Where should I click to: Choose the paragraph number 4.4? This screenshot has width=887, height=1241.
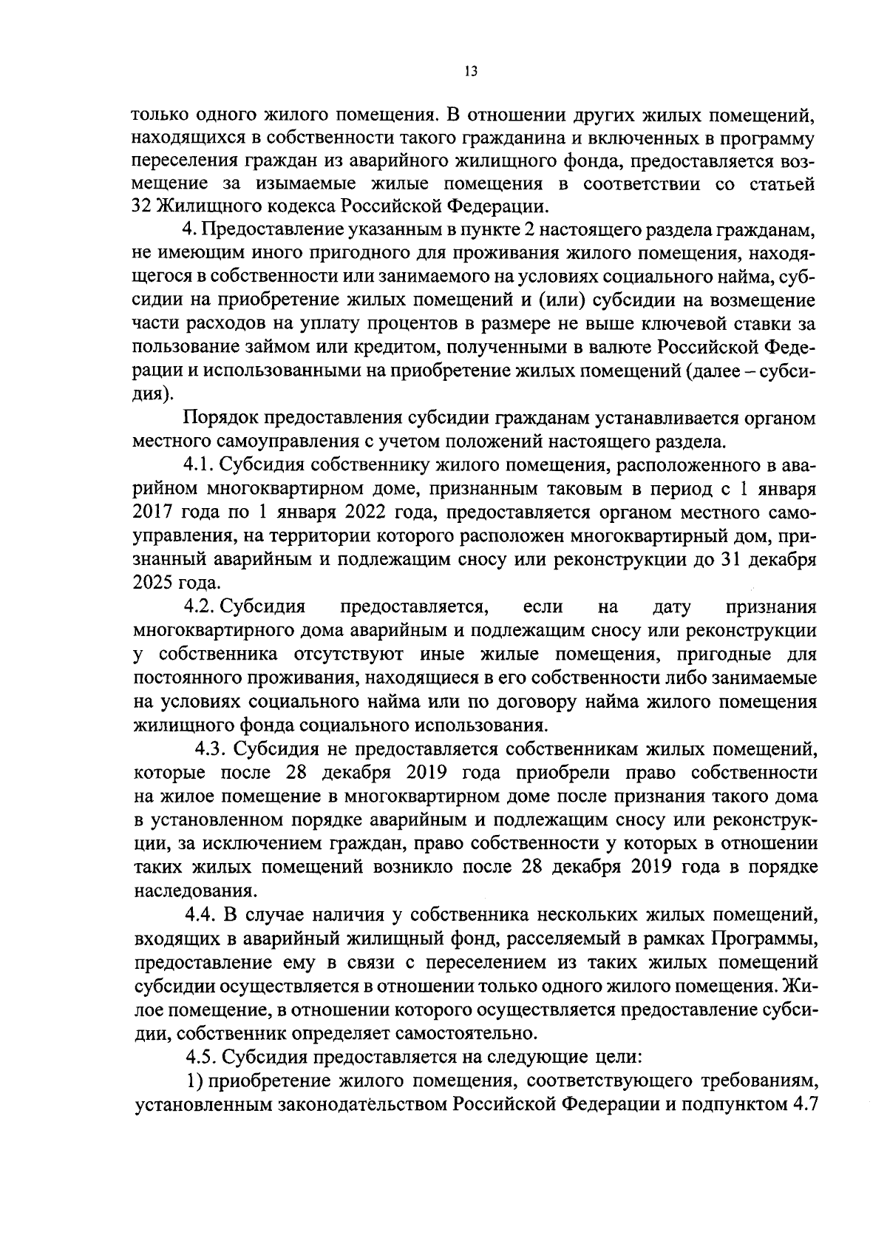(x=200, y=915)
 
